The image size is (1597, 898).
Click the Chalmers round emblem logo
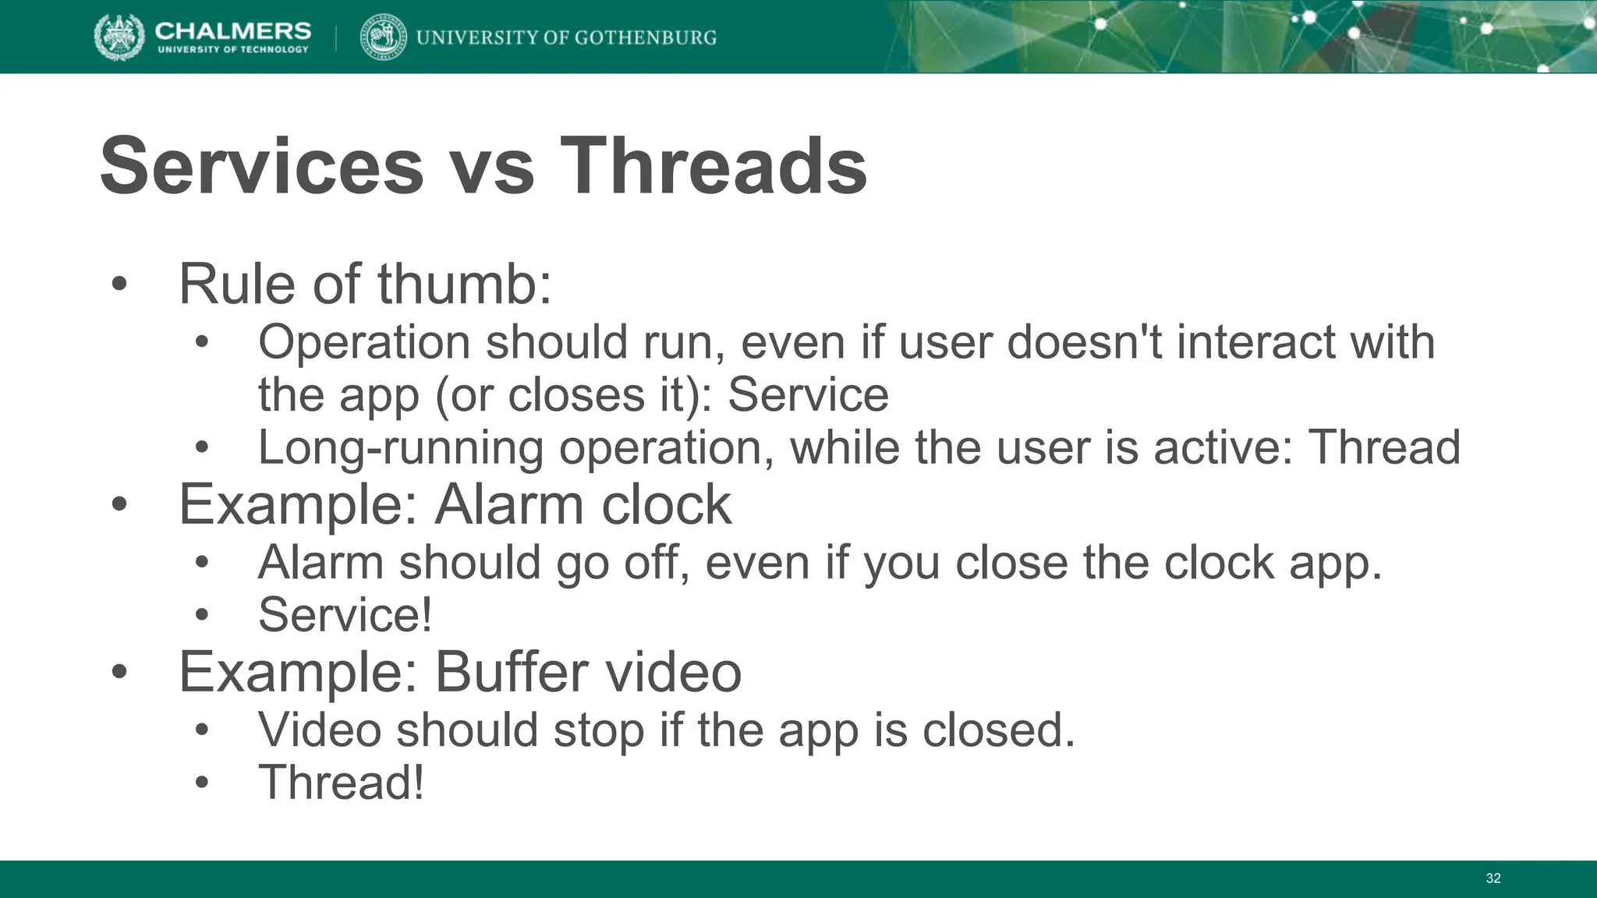tap(119, 37)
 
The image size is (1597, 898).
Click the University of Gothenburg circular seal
tap(383, 37)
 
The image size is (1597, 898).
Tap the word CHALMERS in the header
tap(232, 30)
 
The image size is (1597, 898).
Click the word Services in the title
tap(262, 166)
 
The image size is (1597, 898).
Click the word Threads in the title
tap(713, 166)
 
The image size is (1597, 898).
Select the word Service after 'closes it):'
tap(808, 394)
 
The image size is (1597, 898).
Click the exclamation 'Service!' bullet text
tap(345, 614)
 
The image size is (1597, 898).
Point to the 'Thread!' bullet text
tap(342, 782)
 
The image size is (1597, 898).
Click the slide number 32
tap(1493, 879)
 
